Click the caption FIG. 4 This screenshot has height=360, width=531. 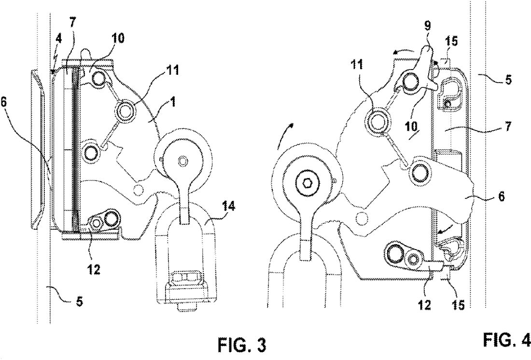506,339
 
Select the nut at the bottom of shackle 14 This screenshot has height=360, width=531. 185,278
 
